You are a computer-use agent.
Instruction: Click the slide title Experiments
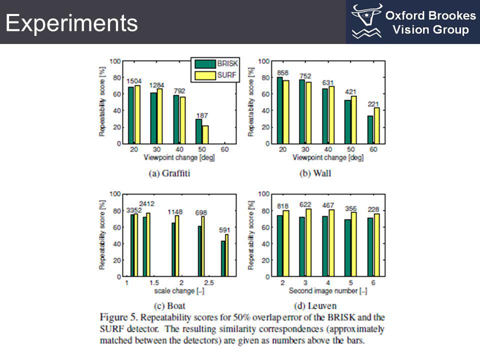click(x=71, y=23)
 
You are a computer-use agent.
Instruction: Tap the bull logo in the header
click(x=367, y=21)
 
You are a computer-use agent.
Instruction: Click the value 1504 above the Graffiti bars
click(x=134, y=81)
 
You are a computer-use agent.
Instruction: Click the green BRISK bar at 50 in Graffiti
click(x=198, y=131)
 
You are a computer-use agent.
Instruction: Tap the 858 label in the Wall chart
click(x=282, y=73)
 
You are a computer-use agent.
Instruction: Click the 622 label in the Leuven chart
click(x=305, y=204)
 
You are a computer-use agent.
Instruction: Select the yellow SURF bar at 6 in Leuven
click(x=376, y=245)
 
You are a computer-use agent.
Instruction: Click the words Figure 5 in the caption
click(x=117, y=317)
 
